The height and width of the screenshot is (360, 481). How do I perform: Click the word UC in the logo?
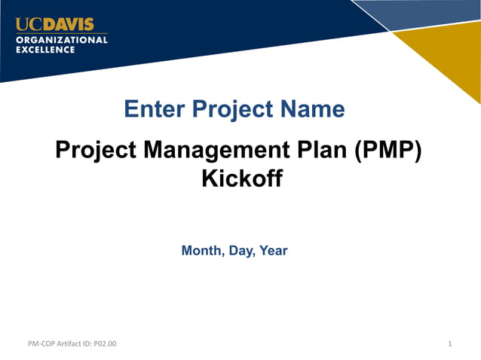26,23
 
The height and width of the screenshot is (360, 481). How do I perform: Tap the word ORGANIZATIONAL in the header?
62,39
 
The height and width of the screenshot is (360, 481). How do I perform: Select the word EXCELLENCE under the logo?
45,50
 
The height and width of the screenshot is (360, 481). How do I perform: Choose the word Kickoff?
240,179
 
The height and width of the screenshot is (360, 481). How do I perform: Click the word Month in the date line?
199,250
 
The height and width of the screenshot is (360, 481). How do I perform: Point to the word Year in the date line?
273,250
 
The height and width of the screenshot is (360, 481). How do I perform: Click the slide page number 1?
449,344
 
